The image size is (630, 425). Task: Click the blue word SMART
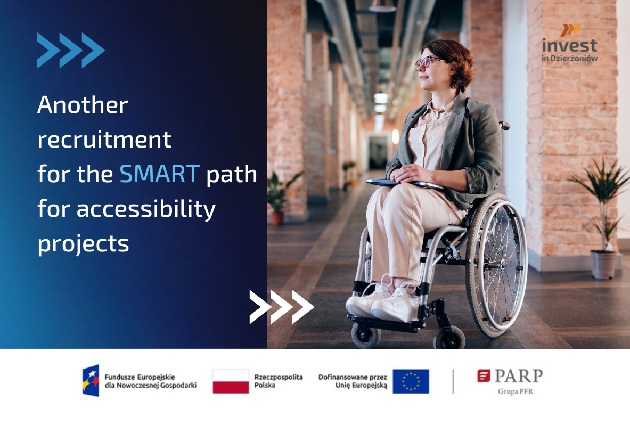(x=160, y=174)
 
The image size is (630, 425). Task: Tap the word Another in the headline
(x=83, y=105)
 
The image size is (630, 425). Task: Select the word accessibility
(x=146, y=210)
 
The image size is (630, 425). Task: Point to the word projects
(x=83, y=244)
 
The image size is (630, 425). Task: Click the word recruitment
(x=104, y=140)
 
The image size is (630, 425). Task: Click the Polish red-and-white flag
(x=231, y=381)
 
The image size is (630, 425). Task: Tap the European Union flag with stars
(x=411, y=381)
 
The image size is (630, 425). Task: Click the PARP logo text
(x=518, y=377)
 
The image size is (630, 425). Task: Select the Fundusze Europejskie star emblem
(x=91, y=380)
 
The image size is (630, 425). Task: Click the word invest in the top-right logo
(x=569, y=45)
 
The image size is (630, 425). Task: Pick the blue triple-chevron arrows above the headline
(x=71, y=50)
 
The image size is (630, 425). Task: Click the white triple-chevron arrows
(x=282, y=307)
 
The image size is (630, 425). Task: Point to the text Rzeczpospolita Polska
(x=278, y=381)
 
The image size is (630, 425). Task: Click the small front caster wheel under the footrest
(x=366, y=336)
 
